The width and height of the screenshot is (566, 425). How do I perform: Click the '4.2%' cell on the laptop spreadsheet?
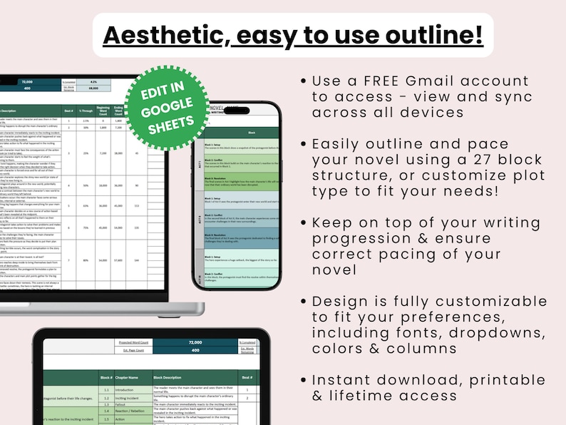(x=93, y=82)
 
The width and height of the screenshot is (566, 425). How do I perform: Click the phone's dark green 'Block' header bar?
(x=252, y=132)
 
